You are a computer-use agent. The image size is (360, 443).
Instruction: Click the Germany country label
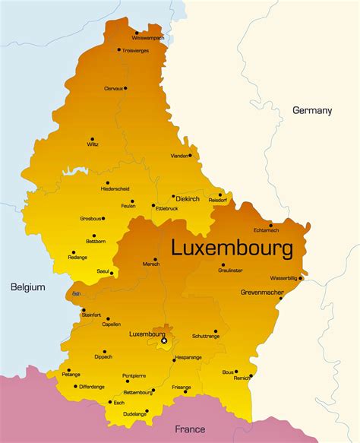point(312,110)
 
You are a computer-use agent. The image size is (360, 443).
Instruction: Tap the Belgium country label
point(27,287)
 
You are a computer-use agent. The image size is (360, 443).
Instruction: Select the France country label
point(190,429)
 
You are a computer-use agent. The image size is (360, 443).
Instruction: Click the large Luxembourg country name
point(232,248)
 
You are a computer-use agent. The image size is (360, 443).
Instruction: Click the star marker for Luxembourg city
point(164,341)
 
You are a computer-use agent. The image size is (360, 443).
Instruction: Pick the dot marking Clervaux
point(125,88)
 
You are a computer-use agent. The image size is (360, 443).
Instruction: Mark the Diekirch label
point(187,199)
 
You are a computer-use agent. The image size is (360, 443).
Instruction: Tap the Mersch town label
point(151,264)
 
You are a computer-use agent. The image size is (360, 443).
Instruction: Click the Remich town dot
point(251,375)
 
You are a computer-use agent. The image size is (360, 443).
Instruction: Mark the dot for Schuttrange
point(216,331)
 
